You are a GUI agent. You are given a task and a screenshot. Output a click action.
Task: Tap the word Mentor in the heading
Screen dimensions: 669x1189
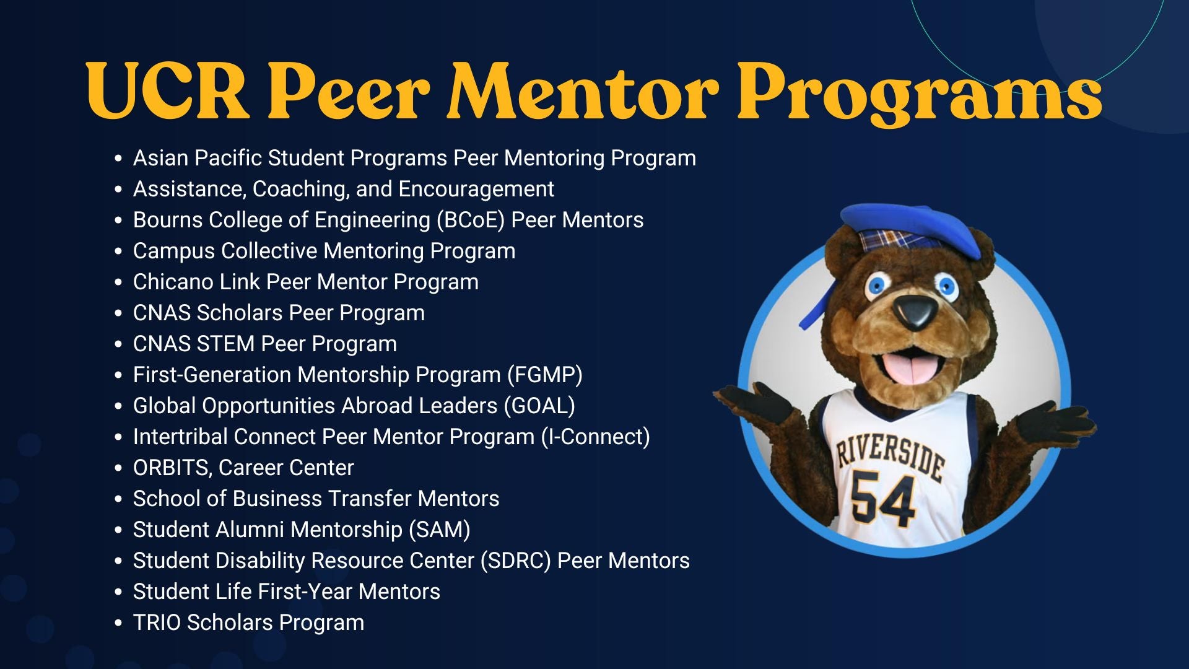[x=582, y=92]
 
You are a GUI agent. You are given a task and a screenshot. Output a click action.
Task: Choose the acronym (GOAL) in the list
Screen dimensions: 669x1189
[x=539, y=406]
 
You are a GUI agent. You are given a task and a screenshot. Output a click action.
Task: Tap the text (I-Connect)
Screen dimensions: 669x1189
[x=595, y=437]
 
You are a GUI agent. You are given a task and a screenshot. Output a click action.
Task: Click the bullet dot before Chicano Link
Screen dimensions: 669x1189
[x=118, y=282]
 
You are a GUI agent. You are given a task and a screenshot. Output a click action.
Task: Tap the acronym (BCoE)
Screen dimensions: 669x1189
[x=471, y=220]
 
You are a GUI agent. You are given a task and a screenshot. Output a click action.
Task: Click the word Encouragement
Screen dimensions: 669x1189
[x=476, y=189]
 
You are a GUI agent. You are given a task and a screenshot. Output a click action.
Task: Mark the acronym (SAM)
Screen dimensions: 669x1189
[x=439, y=530]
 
